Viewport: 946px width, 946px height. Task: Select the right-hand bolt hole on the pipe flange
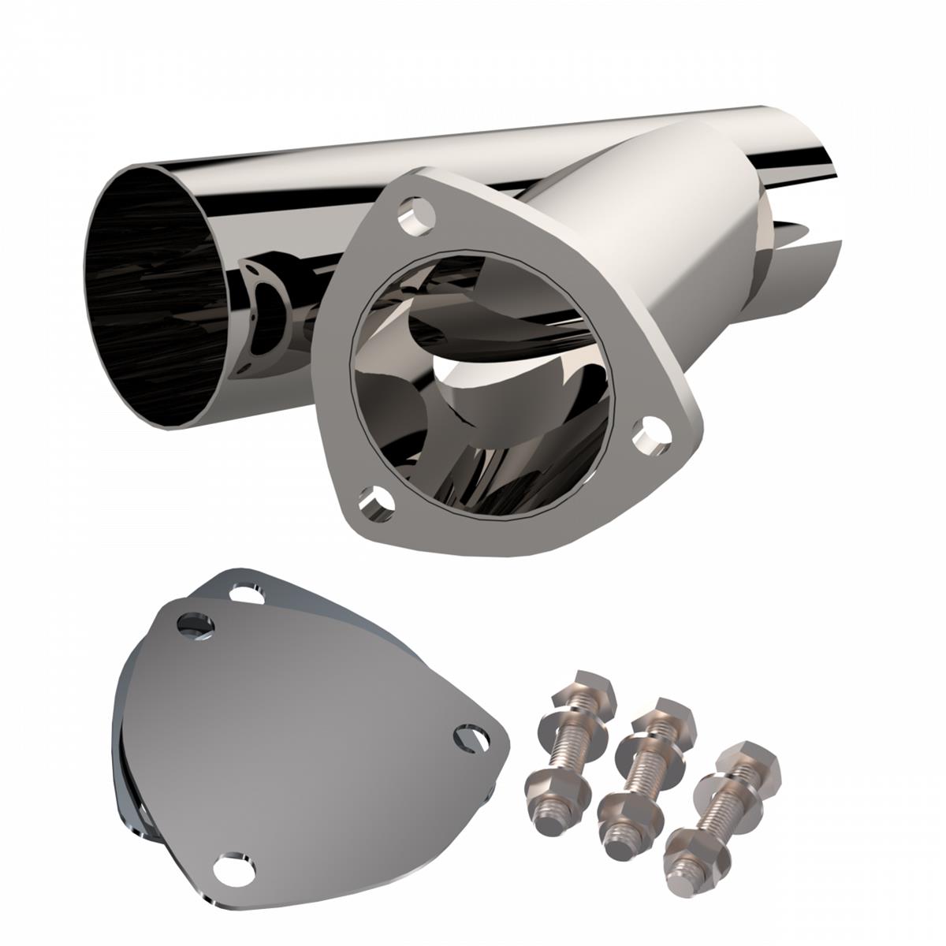click(x=652, y=436)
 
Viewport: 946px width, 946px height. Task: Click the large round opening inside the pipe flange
click(x=481, y=386)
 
